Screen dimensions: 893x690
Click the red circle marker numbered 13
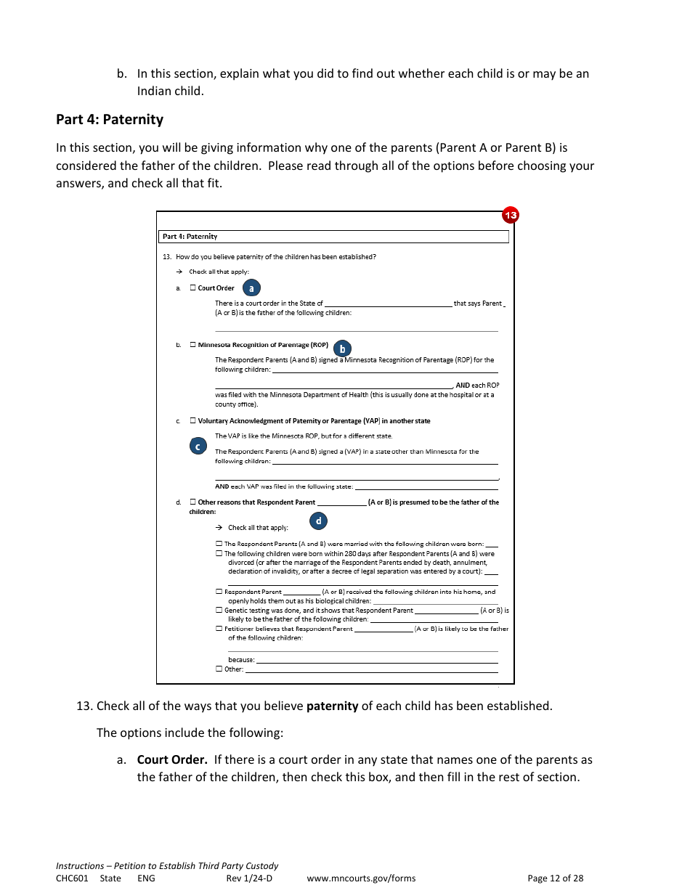pyautogui.click(x=511, y=215)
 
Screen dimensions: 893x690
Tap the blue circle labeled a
pyautogui.click(x=251, y=288)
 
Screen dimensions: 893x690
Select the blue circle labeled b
pyautogui.click(x=342, y=349)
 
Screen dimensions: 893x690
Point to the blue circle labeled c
pyautogui.click(x=198, y=446)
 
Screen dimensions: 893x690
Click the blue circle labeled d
pyautogui.click(x=318, y=521)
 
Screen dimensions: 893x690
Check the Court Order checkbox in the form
pyautogui.click(x=193, y=288)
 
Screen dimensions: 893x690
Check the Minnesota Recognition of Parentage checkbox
pyautogui.click(x=193, y=345)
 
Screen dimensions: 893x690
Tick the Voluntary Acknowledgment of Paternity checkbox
pyautogui.click(x=193, y=420)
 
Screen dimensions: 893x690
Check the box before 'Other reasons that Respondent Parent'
pyautogui.click(x=193, y=502)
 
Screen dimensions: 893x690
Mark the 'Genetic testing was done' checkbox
pyautogui.click(x=219, y=611)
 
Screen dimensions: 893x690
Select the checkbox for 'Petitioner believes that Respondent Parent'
pyautogui.click(x=219, y=629)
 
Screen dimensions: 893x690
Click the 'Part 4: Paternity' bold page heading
pyautogui.click(x=110, y=120)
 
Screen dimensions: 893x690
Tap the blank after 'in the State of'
pyautogui.click(x=388, y=303)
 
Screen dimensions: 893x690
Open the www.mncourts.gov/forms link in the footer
pyautogui.click(x=361, y=878)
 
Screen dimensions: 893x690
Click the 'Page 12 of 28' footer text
pyautogui.click(x=555, y=878)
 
